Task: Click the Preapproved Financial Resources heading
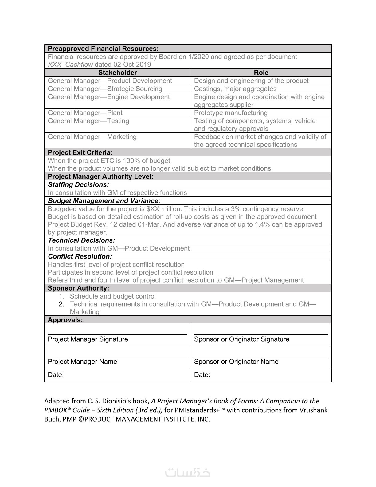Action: coord(103,49)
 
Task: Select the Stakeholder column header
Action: coord(117,73)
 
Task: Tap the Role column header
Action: coord(261,73)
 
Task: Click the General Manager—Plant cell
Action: coord(85,113)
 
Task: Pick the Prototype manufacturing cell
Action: coord(231,113)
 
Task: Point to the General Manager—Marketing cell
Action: coord(92,137)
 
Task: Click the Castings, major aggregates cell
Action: coord(235,89)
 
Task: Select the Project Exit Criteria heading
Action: coord(80,152)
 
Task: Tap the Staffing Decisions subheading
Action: coord(78,185)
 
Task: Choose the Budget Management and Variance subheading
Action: coord(104,201)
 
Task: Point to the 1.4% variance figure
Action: coord(262,224)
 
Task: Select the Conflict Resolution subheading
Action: coord(80,256)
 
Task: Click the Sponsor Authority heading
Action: coord(78,288)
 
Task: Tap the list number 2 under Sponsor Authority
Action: coord(61,304)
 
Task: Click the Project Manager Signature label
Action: coord(88,339)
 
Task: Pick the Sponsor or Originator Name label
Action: coord(236,362)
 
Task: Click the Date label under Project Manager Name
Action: coord(56,375)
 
